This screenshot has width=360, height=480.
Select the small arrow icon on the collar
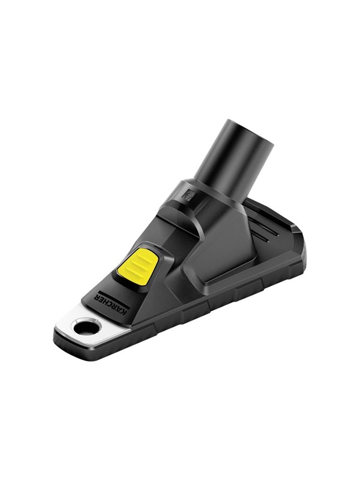point(187,194)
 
